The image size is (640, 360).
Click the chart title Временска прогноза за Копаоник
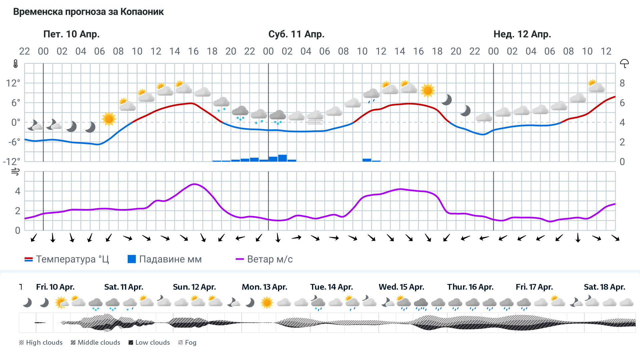coord(88,12)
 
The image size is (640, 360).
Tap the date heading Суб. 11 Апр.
coord(296,34)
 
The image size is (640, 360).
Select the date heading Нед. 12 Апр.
coord(522,34)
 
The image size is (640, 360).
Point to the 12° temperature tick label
coord(13,83)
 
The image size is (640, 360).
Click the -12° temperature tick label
coord(11,162)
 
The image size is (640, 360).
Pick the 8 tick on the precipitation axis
coord(622,83)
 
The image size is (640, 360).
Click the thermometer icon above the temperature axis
coord(15,64)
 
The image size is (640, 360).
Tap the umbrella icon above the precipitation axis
coord(624,63)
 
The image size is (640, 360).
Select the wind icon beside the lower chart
coord(15,172)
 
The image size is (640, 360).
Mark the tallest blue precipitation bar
coord(282,158)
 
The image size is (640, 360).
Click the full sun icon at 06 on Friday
coord(109,119)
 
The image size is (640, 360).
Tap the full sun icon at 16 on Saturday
coord(428,90)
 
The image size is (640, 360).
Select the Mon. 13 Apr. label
coord(264,287)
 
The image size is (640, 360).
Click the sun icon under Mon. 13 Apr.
coord(267,303)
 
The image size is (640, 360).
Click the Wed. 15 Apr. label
coord(401,287)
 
